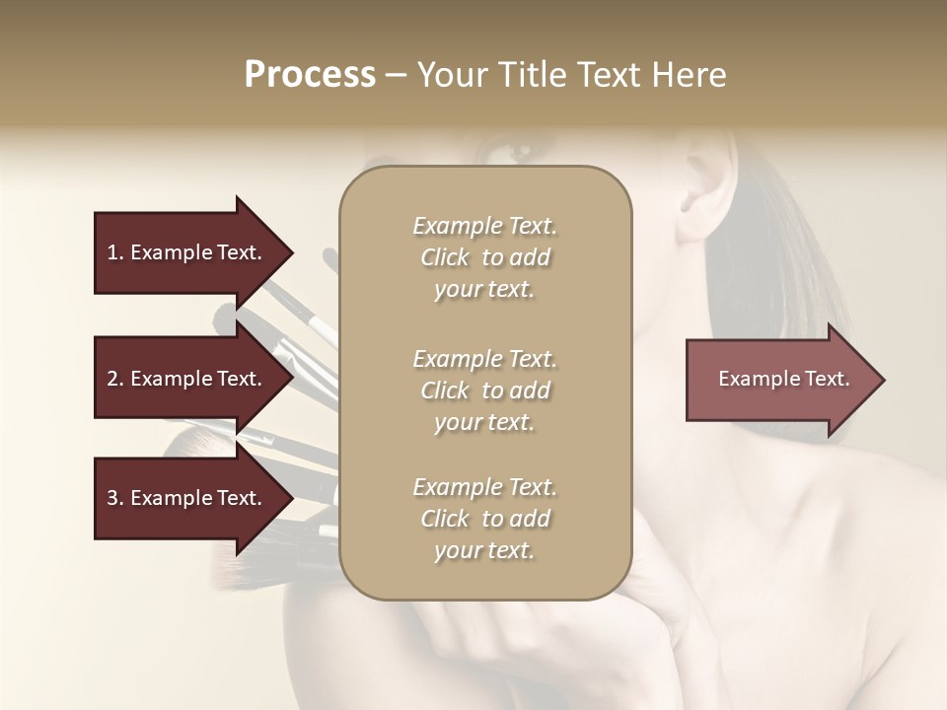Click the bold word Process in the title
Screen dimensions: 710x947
coord(310,75)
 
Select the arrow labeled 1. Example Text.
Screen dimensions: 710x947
coord(184,252)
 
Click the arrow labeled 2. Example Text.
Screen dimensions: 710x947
coord(184,379)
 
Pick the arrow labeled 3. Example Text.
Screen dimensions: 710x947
coord(184,498)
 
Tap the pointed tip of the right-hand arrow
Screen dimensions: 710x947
coord(883,380)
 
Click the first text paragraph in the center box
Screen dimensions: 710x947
coord(484,257)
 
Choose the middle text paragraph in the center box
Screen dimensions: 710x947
coord(484,390)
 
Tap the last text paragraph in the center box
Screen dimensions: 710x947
coord(484,519)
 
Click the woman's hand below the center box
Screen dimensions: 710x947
coord(533,641)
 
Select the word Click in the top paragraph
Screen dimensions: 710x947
coord(445,257)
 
